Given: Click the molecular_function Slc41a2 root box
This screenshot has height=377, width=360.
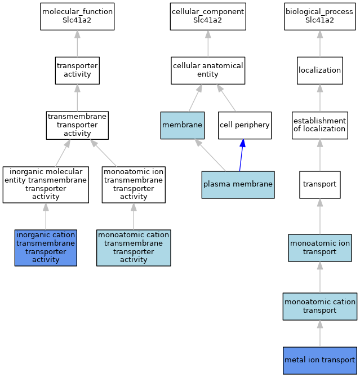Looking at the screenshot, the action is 77,16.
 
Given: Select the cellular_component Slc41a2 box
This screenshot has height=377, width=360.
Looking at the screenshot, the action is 208,16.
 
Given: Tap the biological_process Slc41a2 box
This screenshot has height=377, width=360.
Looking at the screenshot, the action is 319,16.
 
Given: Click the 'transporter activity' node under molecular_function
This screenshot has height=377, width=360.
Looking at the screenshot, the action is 77,70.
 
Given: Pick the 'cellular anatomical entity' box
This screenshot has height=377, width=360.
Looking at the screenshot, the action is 208,70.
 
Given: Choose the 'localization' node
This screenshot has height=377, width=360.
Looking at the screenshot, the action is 319,70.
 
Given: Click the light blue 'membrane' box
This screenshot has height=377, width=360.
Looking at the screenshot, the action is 183,125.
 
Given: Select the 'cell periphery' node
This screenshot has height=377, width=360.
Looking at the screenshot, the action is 245,125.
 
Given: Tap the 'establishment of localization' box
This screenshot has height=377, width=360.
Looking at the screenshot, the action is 319,125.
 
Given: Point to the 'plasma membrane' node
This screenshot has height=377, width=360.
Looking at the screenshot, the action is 238,185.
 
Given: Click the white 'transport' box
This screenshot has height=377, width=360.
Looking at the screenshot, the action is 319,185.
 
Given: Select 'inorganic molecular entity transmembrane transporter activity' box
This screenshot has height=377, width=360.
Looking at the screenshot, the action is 46,185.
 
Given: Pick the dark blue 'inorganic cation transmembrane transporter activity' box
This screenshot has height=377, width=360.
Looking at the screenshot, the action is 46,247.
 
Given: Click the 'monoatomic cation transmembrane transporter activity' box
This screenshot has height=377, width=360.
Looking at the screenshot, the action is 134,247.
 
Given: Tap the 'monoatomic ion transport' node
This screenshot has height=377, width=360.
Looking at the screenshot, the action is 319,247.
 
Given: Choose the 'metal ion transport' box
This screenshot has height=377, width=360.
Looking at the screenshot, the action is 319,361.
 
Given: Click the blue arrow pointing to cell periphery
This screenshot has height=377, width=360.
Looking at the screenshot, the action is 241,155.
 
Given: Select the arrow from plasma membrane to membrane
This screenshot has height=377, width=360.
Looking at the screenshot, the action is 210,155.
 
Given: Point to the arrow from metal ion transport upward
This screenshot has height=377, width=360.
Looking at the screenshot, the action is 319,334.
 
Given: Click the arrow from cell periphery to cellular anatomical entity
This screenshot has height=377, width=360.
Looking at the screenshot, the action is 226,98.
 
